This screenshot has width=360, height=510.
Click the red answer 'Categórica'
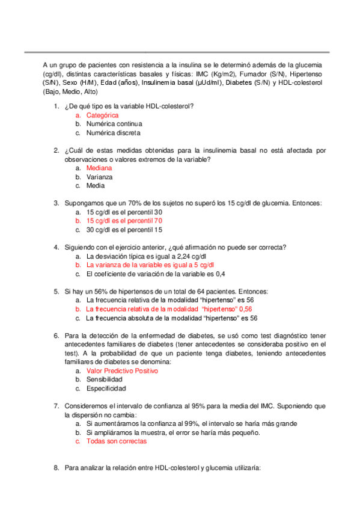[x=102, y=115]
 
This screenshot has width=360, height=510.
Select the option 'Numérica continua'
[x=114, y=124]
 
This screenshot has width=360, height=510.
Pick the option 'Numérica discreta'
[x=113, y=132]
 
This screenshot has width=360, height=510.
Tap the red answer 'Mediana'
[x=99, y=168]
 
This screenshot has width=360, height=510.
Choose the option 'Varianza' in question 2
[x=100, y=177]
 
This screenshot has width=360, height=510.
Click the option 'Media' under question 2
[x=96, y=186]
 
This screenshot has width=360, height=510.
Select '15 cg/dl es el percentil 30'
[x=124, y=212]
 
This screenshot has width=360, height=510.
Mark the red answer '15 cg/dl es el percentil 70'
[x=124, y=221]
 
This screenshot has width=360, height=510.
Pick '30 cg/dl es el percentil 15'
[x=124, y=230]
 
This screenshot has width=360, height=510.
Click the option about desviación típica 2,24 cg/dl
[x=147, y=256]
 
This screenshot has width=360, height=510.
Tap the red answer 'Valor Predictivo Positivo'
[x=122, y=371]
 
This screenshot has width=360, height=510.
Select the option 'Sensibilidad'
[x=105, y=380]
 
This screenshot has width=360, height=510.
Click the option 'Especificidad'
[x=106, y=389]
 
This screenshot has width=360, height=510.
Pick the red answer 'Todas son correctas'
[x=116, y=441]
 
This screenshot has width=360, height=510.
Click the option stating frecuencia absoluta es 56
[x=171, y=318]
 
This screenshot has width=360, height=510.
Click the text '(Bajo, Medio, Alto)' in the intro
[x=71, y=92]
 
